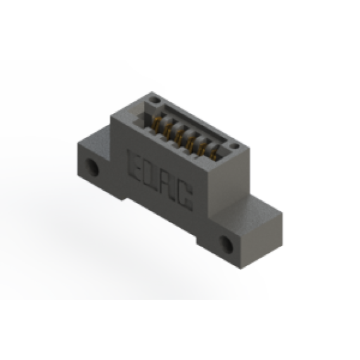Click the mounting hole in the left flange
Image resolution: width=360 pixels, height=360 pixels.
92,167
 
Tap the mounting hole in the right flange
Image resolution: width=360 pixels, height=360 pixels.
227,244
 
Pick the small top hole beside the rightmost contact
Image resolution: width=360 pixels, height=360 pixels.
235,146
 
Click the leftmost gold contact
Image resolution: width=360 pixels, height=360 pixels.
157,124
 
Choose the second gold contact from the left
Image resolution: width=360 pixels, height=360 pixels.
167,131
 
